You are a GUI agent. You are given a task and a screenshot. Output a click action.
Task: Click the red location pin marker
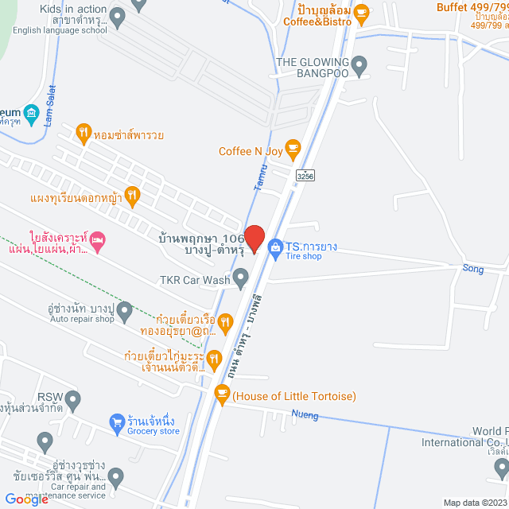[x=254, y=239]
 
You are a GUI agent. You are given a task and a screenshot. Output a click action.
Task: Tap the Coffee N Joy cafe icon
[x=293, y=146]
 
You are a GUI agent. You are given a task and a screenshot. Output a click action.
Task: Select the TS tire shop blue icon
[x=274, y=247]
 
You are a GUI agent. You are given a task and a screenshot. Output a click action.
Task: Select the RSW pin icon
[x=74, y=398]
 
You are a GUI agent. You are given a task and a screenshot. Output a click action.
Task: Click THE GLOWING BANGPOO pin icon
[x=359, y=64]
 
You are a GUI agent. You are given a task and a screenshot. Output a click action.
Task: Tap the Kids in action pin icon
[x=118, y=15]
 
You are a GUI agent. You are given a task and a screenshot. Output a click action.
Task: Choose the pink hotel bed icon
[x=97, y=239]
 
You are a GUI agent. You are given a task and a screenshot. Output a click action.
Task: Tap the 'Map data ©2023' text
[x=474, y=503]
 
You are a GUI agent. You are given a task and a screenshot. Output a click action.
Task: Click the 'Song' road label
[x=473, y=269]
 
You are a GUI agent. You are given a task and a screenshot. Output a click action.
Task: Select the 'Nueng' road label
[x=305, y=414]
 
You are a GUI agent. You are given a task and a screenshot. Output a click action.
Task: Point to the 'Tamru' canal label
[x=259, y=176]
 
